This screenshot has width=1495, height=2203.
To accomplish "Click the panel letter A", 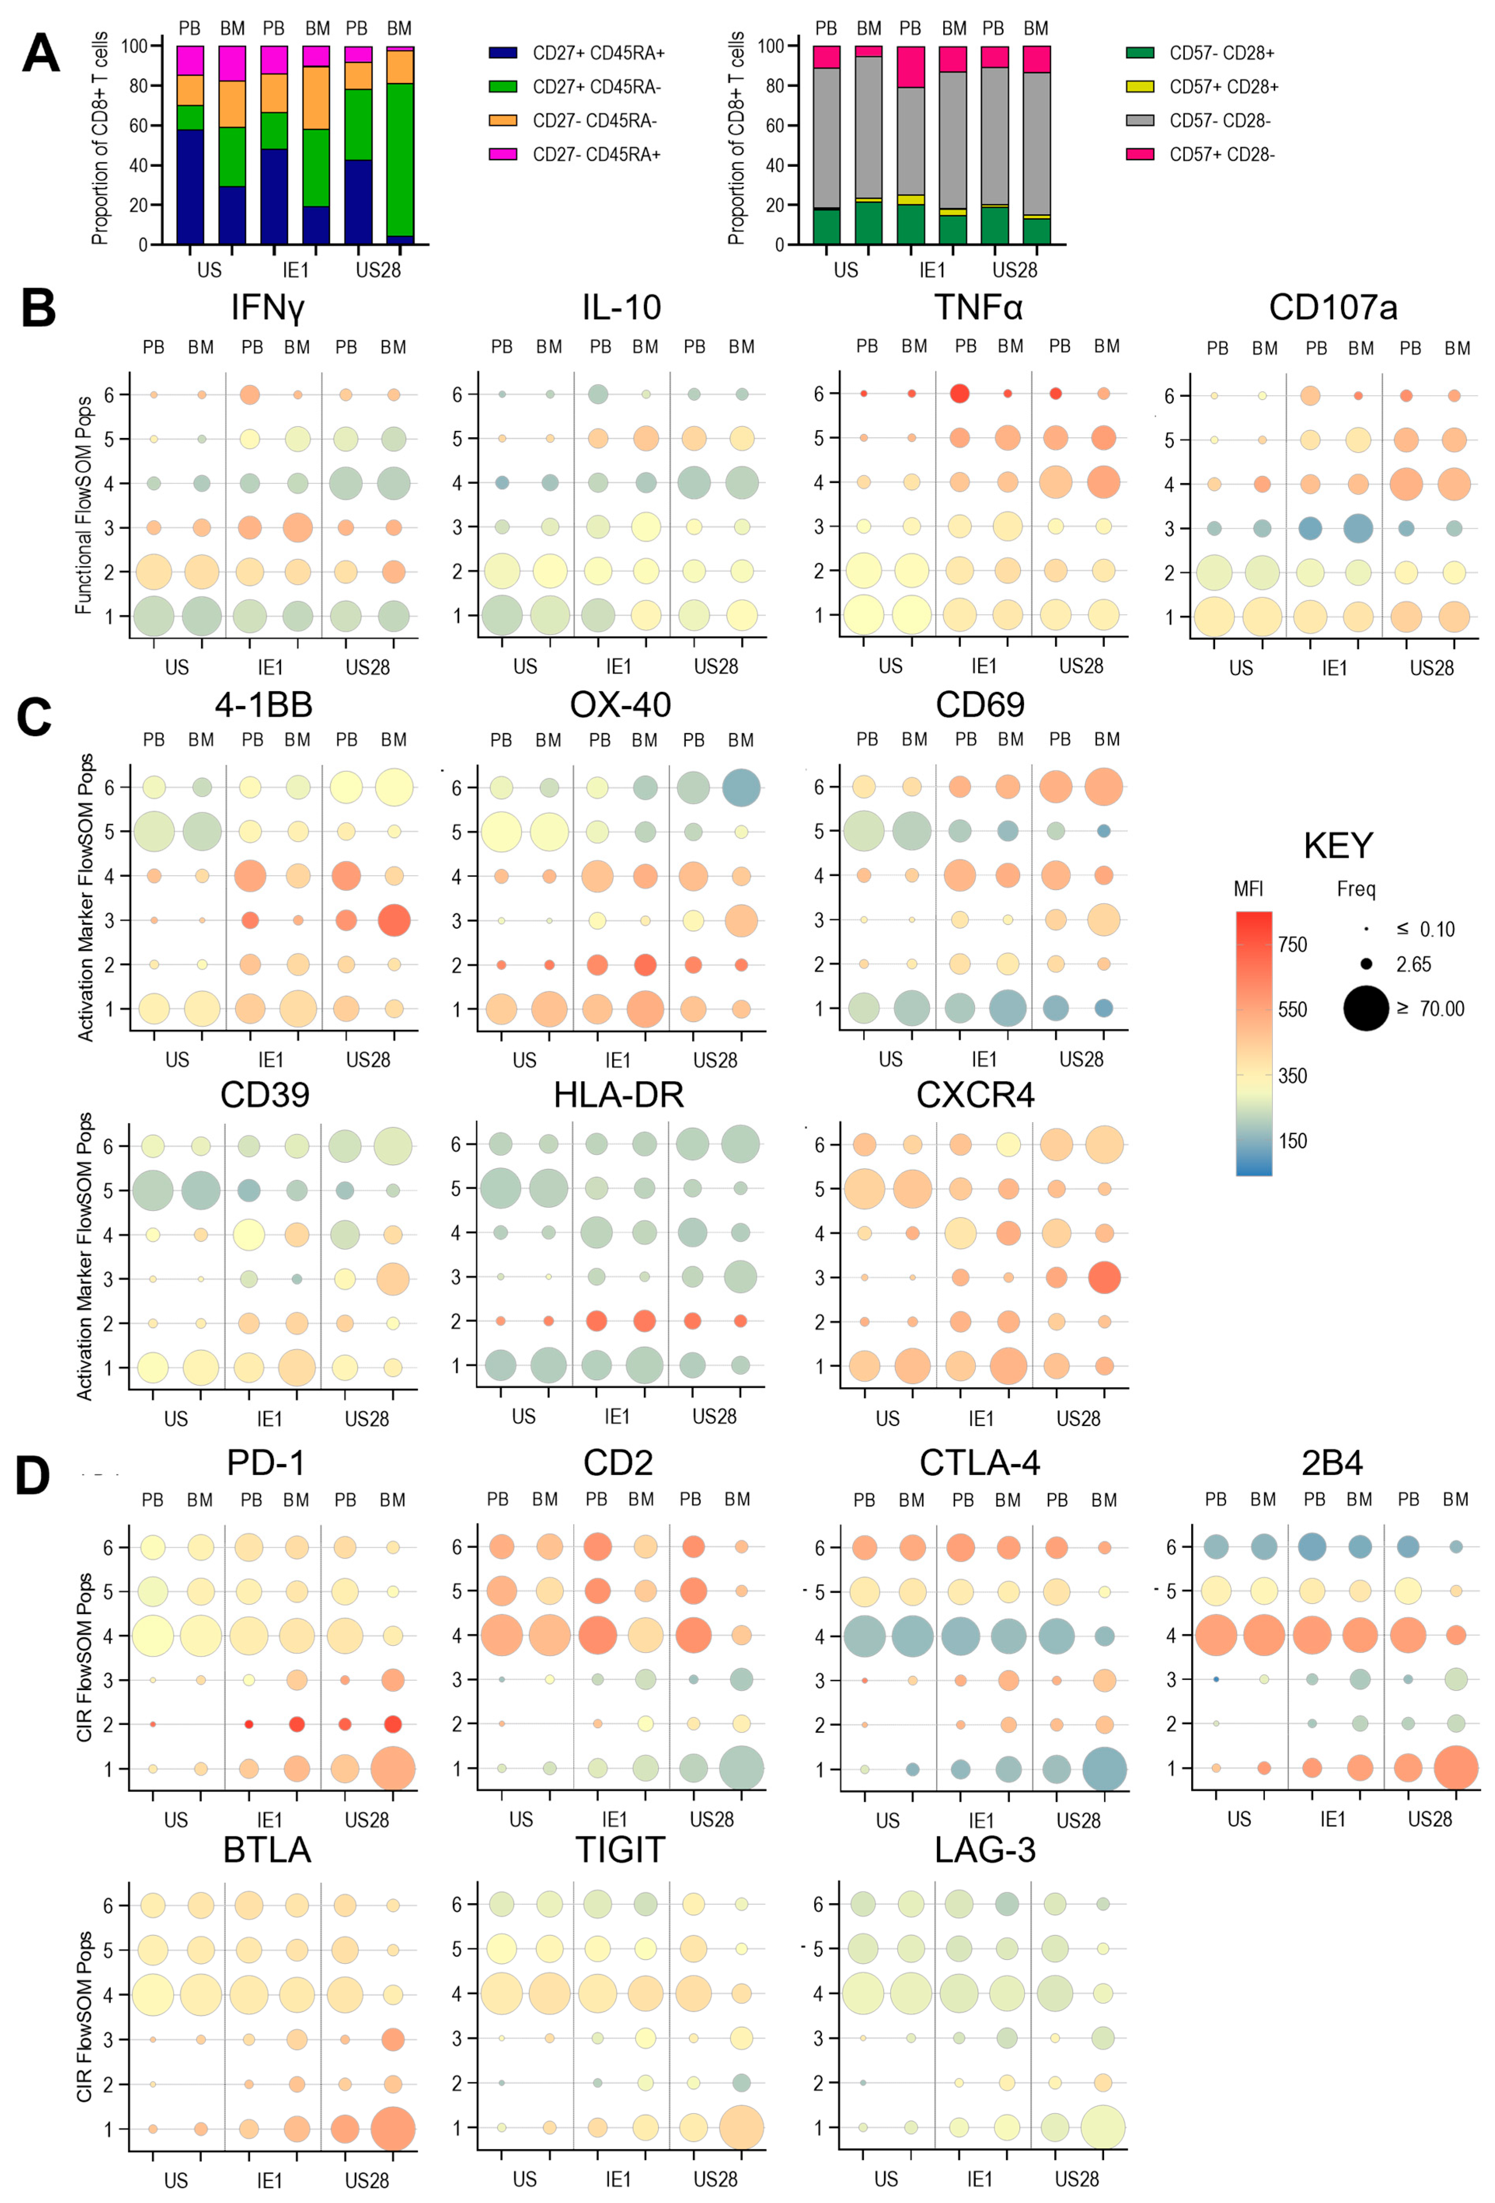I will (40, 54).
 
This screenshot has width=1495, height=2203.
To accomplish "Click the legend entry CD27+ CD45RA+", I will (597, 53).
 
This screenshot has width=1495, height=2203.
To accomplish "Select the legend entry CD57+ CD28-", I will (1221, 154).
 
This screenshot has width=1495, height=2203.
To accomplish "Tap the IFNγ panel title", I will (267, 308).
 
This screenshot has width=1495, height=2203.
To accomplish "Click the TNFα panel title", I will (978, 308).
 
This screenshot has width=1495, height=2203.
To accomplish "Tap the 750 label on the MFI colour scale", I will (1292, 944).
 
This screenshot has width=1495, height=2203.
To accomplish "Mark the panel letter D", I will (33, 1476).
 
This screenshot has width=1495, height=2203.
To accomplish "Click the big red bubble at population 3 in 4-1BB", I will (393, 920).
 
